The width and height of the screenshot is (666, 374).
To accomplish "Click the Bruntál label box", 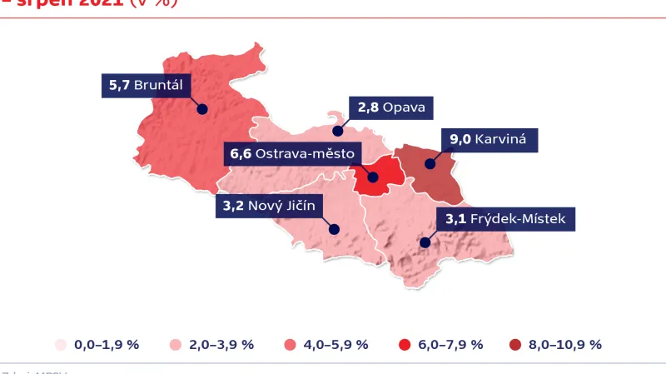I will click(147, 85).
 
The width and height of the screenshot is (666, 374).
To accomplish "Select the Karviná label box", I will click(489, 139).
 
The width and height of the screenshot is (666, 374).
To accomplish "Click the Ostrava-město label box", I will click(291, 154).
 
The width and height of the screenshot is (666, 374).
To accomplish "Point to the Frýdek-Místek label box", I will click(505, 220).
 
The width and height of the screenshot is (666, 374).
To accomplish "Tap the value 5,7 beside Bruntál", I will click(119, 85).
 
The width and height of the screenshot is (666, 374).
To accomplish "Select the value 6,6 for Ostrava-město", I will click(240, 154).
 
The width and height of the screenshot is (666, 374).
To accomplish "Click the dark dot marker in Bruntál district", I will click(201, 108).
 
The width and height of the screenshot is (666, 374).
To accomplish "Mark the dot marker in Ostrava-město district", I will click(373, 177).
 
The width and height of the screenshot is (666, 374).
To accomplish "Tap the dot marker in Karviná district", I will click(430, 163).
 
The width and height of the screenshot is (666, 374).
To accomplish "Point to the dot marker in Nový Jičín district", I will click(334, 229).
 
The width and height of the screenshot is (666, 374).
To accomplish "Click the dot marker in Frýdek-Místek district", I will click(425, 243).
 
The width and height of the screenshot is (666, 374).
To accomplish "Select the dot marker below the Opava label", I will click(338, 131).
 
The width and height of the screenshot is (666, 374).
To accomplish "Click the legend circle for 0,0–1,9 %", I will click(60, 345).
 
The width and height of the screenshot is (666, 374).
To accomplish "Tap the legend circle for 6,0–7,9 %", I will click(404, 345).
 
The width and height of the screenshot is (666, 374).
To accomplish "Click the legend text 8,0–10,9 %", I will click(564, 345).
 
